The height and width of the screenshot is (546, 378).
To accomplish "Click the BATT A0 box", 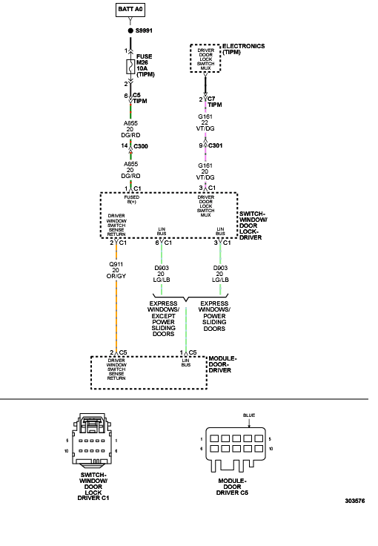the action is click(130, 10).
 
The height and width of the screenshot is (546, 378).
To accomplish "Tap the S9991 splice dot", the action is click(130, 30).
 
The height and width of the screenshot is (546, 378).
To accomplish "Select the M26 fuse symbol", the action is click(130, 67).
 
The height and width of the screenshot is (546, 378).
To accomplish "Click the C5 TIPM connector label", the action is click(140, 98).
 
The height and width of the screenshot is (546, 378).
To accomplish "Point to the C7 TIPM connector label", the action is click(214, 102).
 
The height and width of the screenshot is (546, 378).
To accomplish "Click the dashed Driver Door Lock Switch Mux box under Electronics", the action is click(205, 58).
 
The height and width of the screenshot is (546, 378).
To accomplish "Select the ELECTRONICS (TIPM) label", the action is click(243, 49).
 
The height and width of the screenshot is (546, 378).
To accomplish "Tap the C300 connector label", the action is click(141, 146).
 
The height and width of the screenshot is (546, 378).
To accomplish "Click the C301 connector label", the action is click(215, 145).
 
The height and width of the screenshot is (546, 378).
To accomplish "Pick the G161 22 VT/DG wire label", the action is click(205, 122).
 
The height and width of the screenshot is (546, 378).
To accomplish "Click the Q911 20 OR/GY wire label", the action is click(116, 270).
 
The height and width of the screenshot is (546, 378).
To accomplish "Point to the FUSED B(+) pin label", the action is click(131, 200).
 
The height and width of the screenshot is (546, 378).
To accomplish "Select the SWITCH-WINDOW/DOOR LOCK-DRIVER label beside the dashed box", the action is click(253, 226).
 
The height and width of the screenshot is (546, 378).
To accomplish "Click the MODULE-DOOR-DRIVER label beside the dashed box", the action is click(222, 364).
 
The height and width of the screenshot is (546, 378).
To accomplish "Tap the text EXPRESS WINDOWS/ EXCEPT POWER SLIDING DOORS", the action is click(163, 318).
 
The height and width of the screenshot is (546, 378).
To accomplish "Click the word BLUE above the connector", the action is click(249, 415).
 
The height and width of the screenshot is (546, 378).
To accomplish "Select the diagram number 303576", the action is click(355, 501).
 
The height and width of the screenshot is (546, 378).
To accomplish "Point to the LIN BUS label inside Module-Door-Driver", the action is click(186, 363).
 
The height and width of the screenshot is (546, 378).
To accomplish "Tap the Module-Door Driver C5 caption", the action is click(232, 487).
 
